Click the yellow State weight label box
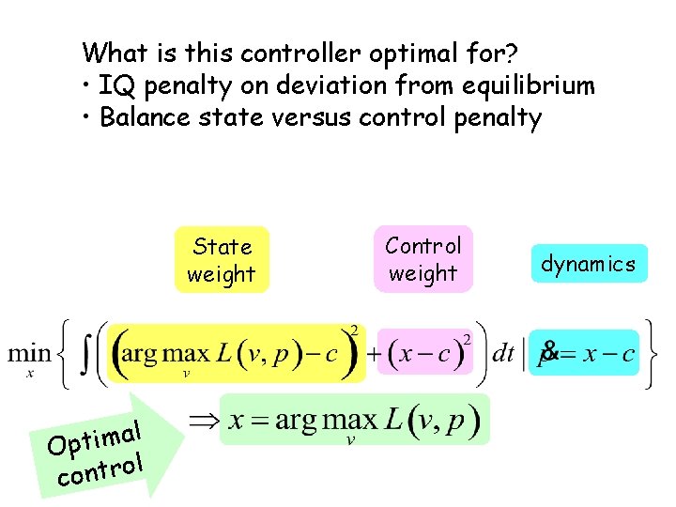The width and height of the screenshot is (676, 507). coord(222,260)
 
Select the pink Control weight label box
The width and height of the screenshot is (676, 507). coord(423,259)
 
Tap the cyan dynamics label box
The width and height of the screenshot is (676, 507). coord(588,265)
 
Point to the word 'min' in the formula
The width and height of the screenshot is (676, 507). coord(30,355)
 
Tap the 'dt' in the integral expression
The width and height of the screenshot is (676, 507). coord(503,355)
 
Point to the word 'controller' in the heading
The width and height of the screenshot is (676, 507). coord(276,52)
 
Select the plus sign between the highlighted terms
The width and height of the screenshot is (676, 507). coord(372,356)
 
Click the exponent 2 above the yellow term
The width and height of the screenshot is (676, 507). coord(354,330)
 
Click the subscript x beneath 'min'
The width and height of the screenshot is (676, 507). coord(30,374)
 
